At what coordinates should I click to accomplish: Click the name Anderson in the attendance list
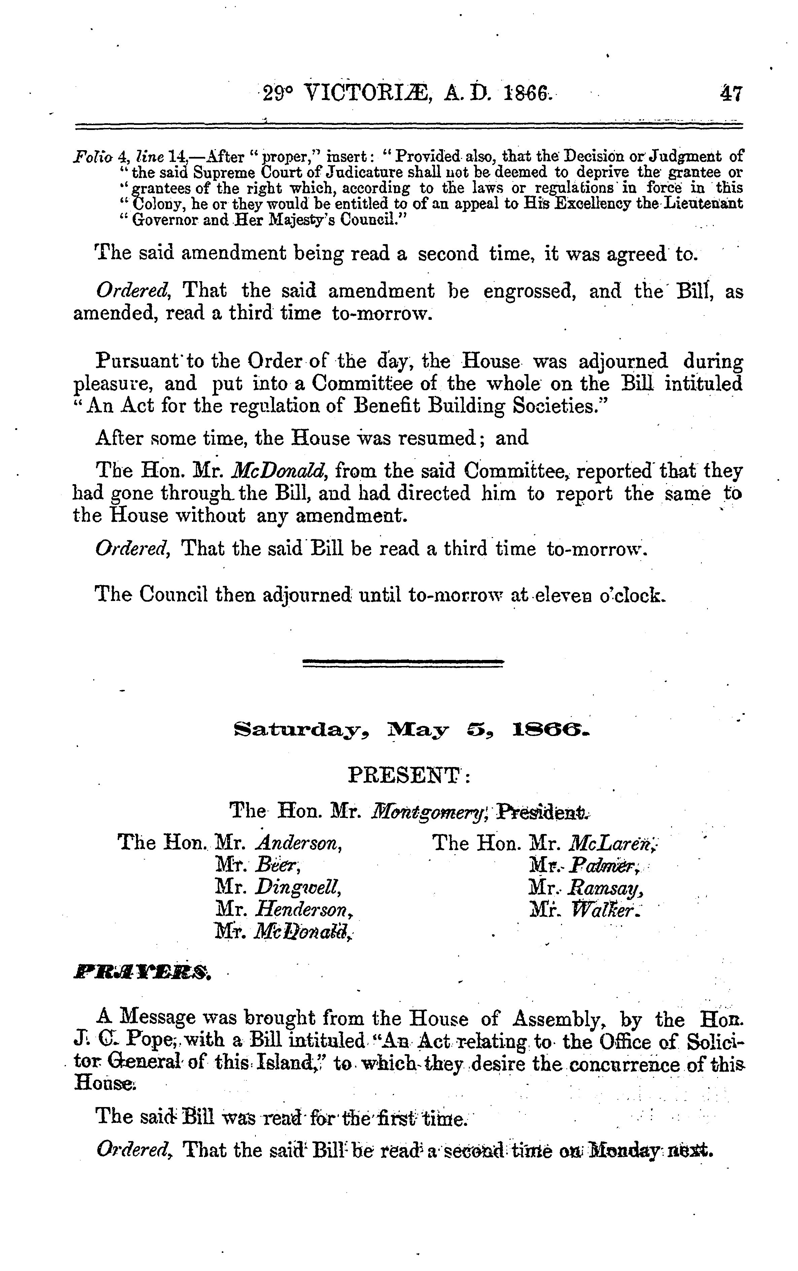click(298, 843)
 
